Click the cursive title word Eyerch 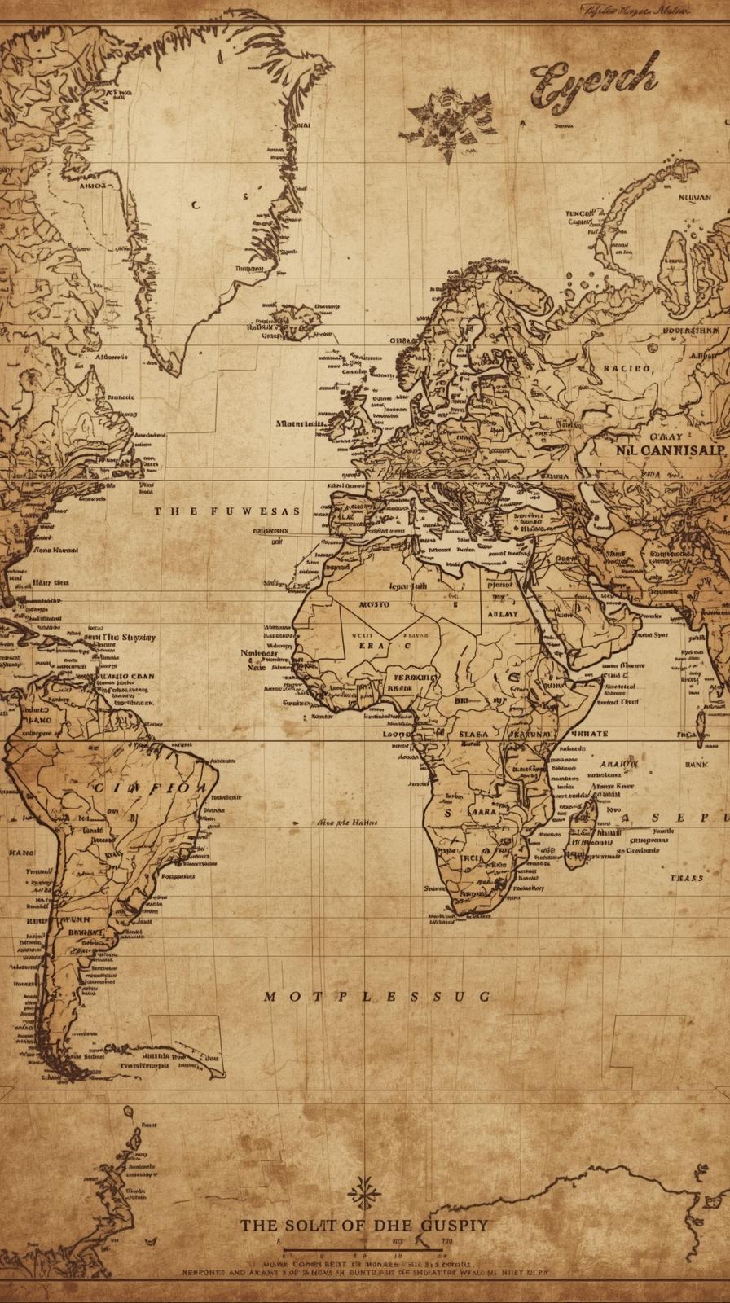[594, 83]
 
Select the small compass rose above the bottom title [363, 1194]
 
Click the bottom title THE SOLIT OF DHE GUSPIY [364, 1225]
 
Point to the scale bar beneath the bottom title [364, 1244]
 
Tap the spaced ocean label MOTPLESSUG [377, 996]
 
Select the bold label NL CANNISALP [670, 450]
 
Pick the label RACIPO [627, 368]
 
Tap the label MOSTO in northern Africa [374, 605]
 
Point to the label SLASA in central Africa [473, 734]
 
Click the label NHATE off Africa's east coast [588, 734]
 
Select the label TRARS [687, 879]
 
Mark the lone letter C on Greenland [195, 205]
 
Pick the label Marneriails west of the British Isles [301, 423]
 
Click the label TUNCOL [580, 213]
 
